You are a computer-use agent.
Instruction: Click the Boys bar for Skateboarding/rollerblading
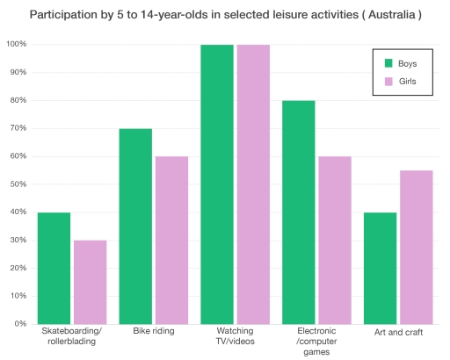pyautogui.click(x=54, y=268)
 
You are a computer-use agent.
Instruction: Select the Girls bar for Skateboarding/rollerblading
pyautogui.click(x=90, y=282)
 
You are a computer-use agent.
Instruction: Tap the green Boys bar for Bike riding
pyautogui.click(x=135, y=226)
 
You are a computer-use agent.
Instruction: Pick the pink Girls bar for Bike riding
pyautogui.click(x=171, y=240)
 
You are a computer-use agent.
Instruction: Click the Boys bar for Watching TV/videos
pyautogui.click(x=217, y=184)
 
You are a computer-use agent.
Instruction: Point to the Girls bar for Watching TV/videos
pyautogui.click(x=253, y=184)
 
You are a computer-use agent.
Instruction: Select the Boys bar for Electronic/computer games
pyautogui.click(x=299, y=212)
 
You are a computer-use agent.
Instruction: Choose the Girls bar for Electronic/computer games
pyautogui.click(x=335, y=240)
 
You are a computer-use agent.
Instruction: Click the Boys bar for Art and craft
pyautogui.click(x=381, y=268)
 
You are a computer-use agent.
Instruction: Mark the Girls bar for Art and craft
pyautogui.click(x=417, y=247)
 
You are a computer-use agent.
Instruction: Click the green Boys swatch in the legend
pyautogui.click(x=389, y=63)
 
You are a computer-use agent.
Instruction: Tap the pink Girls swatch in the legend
pyautogui.click(x=389, y=82)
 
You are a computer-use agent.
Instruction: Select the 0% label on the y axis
pyautogui.click(x=19, y=324)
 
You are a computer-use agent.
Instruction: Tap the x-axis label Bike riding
pyautogui.click(x=153, y=332)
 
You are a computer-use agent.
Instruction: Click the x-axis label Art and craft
pyautogui.click(x=398, y=332)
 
